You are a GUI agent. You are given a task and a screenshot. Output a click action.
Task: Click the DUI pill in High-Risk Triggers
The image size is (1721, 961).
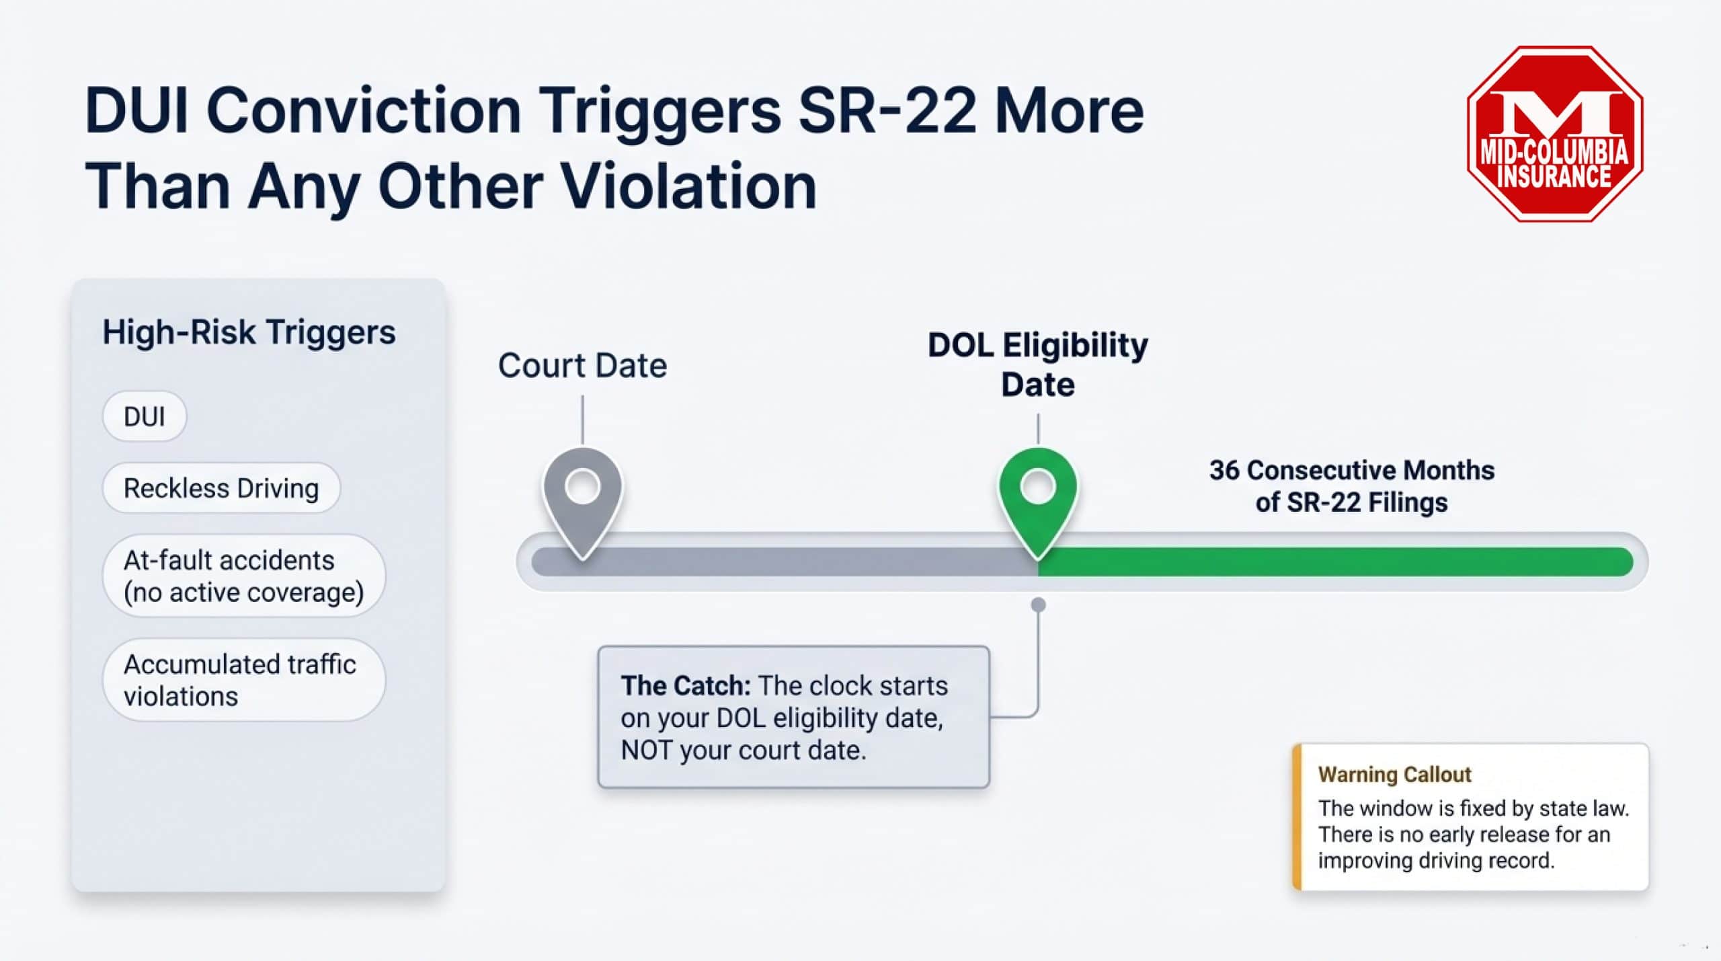144,416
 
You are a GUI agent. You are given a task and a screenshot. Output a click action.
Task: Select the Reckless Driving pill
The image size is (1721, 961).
221,488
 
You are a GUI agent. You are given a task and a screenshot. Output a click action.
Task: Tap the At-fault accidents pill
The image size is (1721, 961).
243,576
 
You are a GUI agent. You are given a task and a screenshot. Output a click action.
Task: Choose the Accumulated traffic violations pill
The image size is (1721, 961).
243,680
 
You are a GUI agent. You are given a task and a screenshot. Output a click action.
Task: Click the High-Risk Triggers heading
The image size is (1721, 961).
249,332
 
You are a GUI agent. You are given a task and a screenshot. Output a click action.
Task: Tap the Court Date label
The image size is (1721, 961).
582,366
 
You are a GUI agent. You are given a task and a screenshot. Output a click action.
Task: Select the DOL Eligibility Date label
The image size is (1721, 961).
1037,364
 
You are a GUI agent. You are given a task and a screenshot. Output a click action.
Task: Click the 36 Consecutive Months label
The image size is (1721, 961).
1351,486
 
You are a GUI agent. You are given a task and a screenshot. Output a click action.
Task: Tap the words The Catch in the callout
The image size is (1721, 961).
685,686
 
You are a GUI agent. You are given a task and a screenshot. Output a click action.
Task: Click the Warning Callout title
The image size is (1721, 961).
1394,775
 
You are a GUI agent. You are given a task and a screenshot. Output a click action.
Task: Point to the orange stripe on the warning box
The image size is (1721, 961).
1297,817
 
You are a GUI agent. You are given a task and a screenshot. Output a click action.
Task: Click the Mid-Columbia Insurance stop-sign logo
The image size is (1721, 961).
1554,134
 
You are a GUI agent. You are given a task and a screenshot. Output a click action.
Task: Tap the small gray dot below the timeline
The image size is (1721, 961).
1038,605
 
